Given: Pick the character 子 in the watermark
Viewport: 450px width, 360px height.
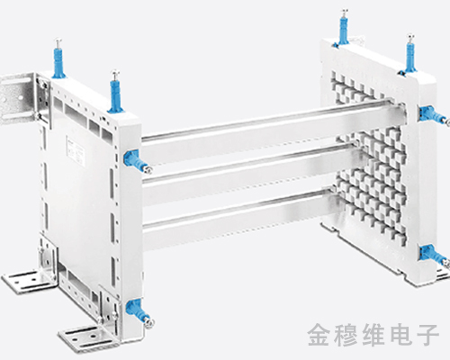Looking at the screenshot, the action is click(428, 335).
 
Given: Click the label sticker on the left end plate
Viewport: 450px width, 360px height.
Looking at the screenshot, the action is click(74, 149).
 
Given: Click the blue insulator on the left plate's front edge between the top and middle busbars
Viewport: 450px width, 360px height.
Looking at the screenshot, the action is click(138, 161).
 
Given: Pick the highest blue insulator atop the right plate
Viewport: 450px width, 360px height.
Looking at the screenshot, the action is click(345, 28).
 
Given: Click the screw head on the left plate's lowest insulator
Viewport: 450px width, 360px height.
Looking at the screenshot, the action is click(149, 322).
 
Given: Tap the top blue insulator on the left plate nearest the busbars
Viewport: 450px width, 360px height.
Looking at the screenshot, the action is click(116, 92).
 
